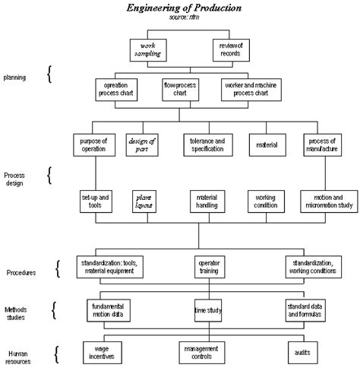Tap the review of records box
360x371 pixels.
coord(229,49)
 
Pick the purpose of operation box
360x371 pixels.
coord(96,144)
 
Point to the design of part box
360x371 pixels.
coord(141,144)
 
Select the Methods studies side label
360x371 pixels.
coord(19,312)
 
